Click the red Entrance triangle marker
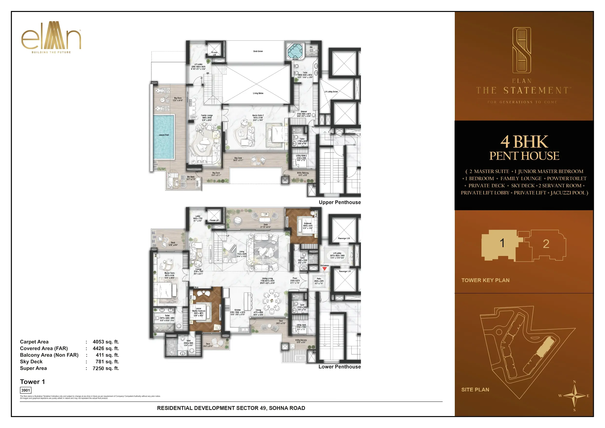click(x=324, y=269)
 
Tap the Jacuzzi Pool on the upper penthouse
click(x=164, y=137)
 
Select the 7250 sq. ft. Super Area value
click(x=106, y=368)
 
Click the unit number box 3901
click(x=26, y=390)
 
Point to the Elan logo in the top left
click(x=51, y=37)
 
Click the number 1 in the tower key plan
click(x=502, y=243)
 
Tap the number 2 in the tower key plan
click(x=546, y=244)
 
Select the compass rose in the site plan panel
click(x=575, y=396)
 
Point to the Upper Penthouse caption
click(x=339, y=202)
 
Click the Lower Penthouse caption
click(x=339, y=367)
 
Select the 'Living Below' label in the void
click(x=258, y=93)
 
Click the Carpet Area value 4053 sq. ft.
click(x=106, y=342)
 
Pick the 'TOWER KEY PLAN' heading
click(x=485, y=280)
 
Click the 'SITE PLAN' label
click(x=475, y=390)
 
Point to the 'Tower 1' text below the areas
click(x=32, y=382)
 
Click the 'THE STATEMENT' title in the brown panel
click(x=523, y=91)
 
